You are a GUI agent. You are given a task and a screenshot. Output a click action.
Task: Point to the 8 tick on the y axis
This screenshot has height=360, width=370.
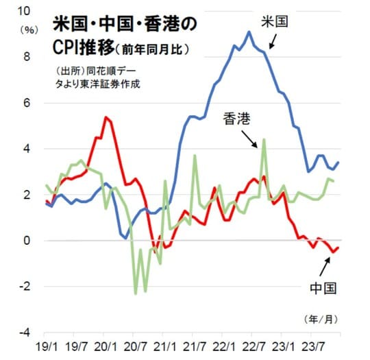(x=25, y=57)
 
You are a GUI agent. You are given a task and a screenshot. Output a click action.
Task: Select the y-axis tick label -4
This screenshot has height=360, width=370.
(x=23, y=333)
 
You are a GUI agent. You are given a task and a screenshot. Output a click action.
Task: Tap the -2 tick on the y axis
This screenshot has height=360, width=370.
(x=23, y=287)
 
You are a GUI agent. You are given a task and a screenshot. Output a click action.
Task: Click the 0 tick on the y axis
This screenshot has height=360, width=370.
(x=25, y=241)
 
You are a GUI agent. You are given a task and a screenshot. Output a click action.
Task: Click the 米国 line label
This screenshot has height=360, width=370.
(x=273, y=21)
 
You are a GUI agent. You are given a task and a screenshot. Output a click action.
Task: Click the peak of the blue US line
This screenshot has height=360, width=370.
(x=249, y=32)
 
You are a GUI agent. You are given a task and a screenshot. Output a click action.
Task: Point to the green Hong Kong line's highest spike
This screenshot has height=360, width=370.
(x=264, y=139)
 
